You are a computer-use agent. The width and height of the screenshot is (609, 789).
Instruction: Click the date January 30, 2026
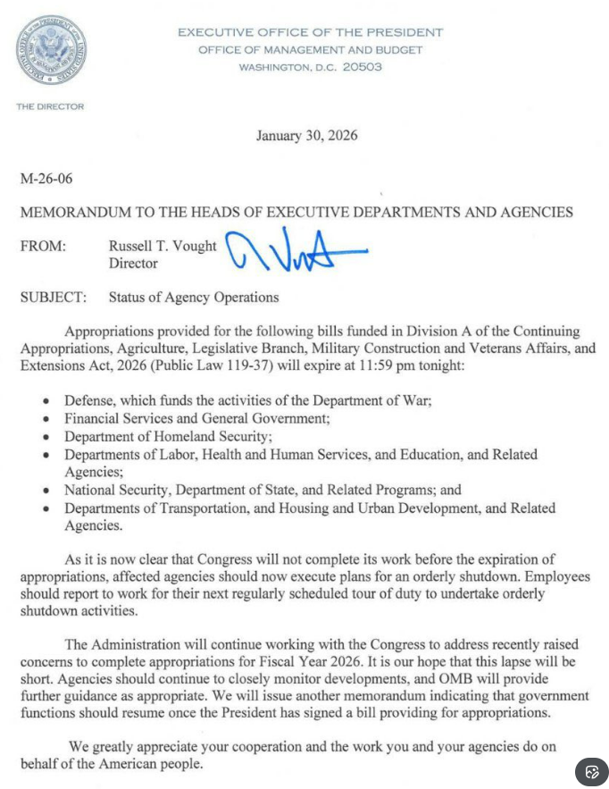306,136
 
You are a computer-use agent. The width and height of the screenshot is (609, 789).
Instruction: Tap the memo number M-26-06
46,179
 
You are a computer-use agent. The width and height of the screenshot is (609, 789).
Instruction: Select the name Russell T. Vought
163,246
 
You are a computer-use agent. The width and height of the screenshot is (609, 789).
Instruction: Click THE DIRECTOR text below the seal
50,106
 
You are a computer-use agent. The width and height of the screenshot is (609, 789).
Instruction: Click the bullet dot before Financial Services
46,419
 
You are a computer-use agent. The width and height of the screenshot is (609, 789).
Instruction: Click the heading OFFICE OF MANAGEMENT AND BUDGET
310,50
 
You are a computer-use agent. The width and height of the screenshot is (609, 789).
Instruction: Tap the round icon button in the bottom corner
591,771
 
